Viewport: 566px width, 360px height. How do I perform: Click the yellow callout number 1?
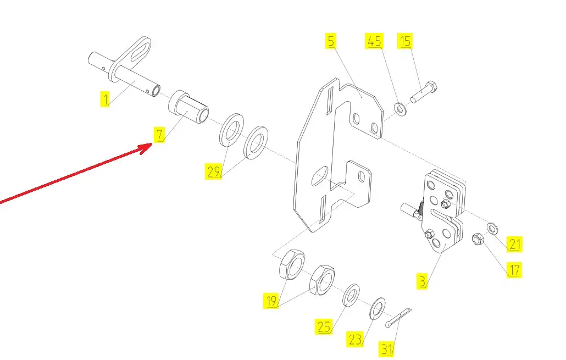(104, 99)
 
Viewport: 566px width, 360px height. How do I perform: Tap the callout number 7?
(159, 134)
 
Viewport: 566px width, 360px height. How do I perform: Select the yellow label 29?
(214, 171)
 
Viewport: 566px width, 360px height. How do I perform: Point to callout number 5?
(330, 41)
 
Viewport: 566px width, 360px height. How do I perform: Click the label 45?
(374, 41)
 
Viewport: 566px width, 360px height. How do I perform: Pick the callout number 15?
(406, 41)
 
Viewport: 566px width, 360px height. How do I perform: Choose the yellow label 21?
(515, 243)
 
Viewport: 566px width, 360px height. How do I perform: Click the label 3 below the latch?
(422, 283)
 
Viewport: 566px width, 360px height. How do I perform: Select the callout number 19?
(270, 301)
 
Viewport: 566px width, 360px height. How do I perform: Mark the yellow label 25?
(324, 327)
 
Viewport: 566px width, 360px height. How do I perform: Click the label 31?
(387, 348)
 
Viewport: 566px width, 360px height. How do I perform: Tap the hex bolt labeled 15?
(424, 93)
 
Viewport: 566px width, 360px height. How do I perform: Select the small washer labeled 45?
(401, 109)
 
